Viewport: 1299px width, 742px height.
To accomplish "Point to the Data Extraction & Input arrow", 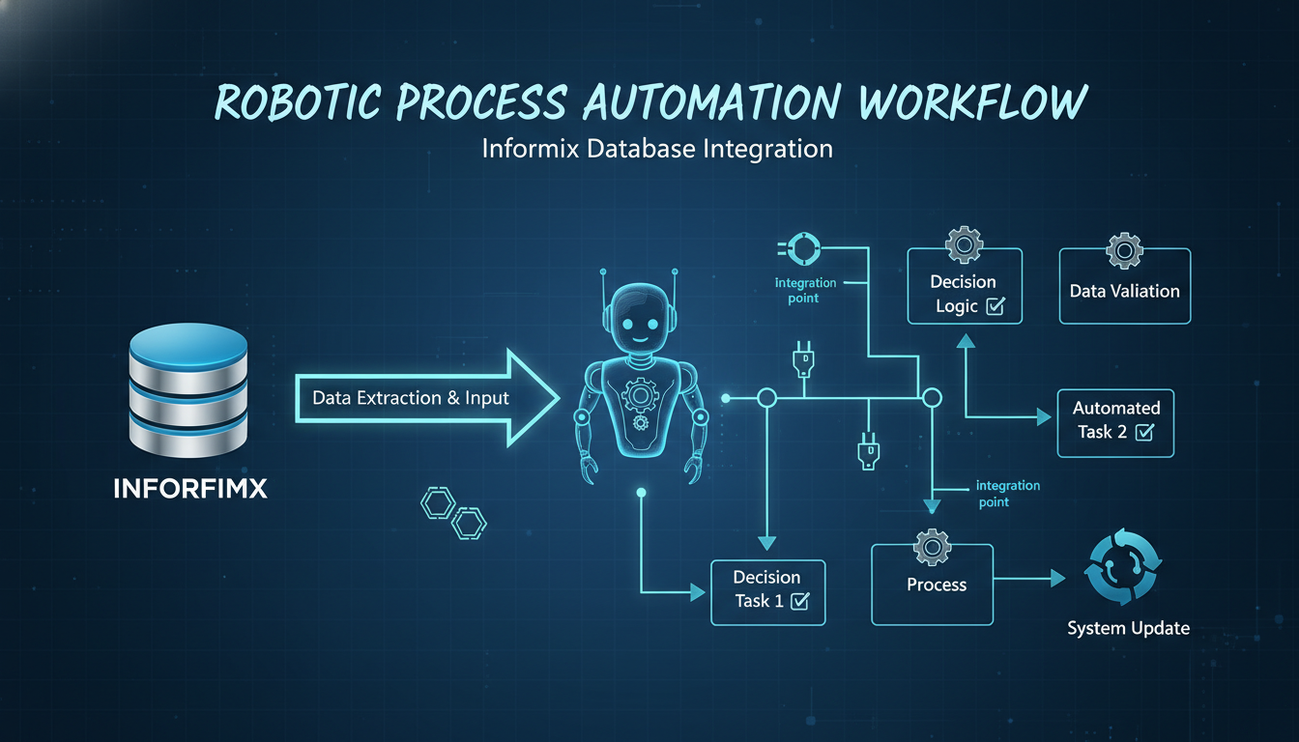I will click(x=425, y=398).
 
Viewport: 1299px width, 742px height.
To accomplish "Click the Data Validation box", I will click(x=1124, y=291).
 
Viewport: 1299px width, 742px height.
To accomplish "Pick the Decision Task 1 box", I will click(x=767, y=589).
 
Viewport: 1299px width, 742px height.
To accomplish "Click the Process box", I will click(x=932, y=585).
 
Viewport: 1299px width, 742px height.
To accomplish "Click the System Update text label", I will click(x=1128, y=629).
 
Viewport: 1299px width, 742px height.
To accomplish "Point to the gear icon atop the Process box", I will click(x=932, y=547).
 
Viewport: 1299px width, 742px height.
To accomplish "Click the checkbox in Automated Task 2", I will click(x=1144, y=433).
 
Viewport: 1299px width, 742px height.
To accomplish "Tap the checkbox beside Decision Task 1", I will click(x=799, y=602).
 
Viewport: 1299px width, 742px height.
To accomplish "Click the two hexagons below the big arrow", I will click(x=453, y=513).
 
